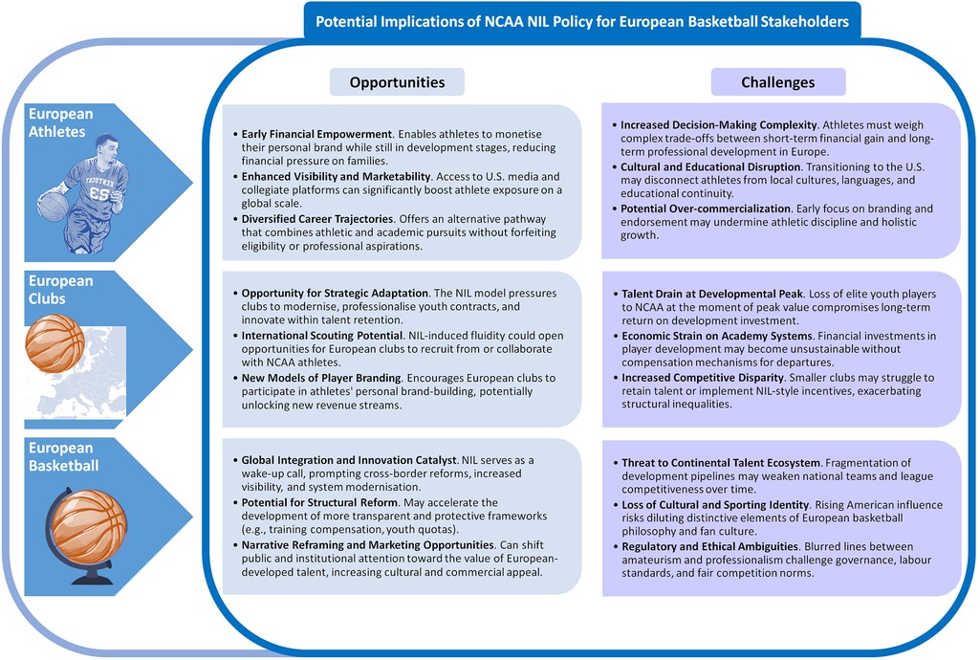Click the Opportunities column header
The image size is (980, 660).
pos(397,82)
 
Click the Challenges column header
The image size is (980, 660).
pos(777,82)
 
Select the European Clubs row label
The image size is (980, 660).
pos(60,290)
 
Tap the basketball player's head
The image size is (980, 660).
pos(107,150)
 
